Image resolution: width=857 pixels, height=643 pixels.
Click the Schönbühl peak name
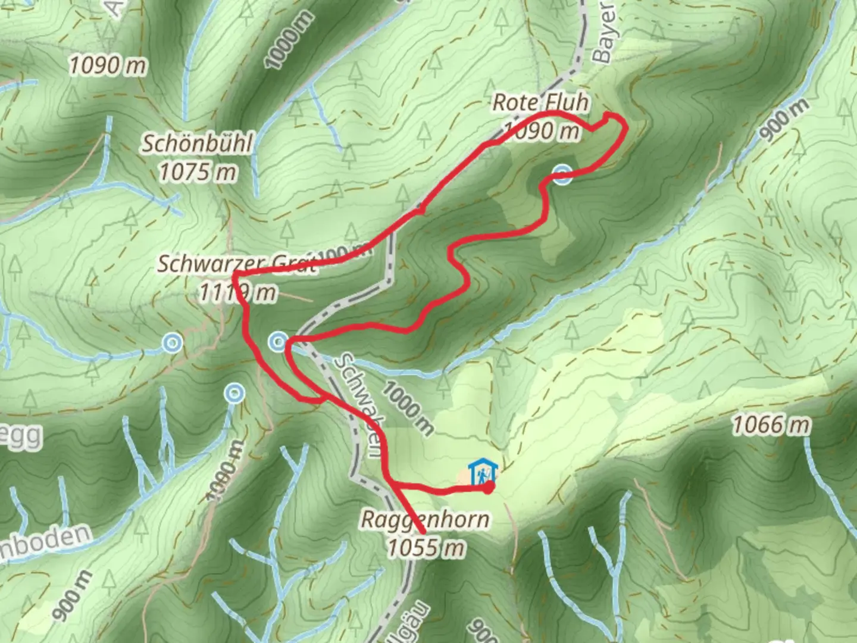197,143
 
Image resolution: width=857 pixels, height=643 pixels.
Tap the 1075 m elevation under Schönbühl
198,172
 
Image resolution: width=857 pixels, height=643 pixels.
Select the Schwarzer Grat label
236,264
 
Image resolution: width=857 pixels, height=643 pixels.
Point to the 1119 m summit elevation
237,292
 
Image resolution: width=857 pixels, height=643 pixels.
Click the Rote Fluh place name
540,102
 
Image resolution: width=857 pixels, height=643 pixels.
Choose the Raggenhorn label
425,519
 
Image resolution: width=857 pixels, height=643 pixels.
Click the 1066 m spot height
771,425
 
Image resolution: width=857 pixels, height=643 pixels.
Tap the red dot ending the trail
488,488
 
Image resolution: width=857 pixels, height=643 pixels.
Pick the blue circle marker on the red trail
562,174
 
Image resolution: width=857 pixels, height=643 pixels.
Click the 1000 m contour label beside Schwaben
407,408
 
